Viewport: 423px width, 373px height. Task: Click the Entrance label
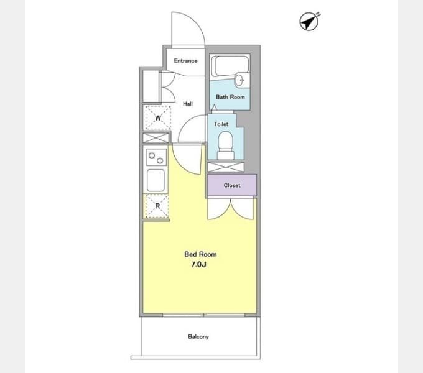pos(185,61)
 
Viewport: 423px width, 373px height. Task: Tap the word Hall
pos(188,104)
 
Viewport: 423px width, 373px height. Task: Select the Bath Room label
pos(230,97)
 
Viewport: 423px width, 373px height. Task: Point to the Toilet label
pos(221,124)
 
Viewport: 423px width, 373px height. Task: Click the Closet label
pos(232,185)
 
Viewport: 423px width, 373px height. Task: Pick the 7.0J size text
pos(199,265)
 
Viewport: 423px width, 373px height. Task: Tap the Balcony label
pos(198,336)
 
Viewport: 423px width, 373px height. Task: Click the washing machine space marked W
pos(158,117)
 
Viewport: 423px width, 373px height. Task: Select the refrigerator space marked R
pos(157,206)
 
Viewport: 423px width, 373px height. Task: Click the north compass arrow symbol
pos(309,21)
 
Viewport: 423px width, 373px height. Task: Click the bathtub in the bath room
pos(230,66)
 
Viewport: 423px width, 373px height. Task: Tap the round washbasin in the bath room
pos(239,80)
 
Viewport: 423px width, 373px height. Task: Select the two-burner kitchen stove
pos(156,157)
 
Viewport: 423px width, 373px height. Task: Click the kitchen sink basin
pos(156,180)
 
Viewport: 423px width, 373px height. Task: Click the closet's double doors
pos(231,208)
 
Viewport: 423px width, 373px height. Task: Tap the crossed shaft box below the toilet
pos(226,167)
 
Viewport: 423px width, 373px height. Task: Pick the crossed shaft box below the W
pos(156,138)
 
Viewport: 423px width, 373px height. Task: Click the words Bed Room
pos(200,254)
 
